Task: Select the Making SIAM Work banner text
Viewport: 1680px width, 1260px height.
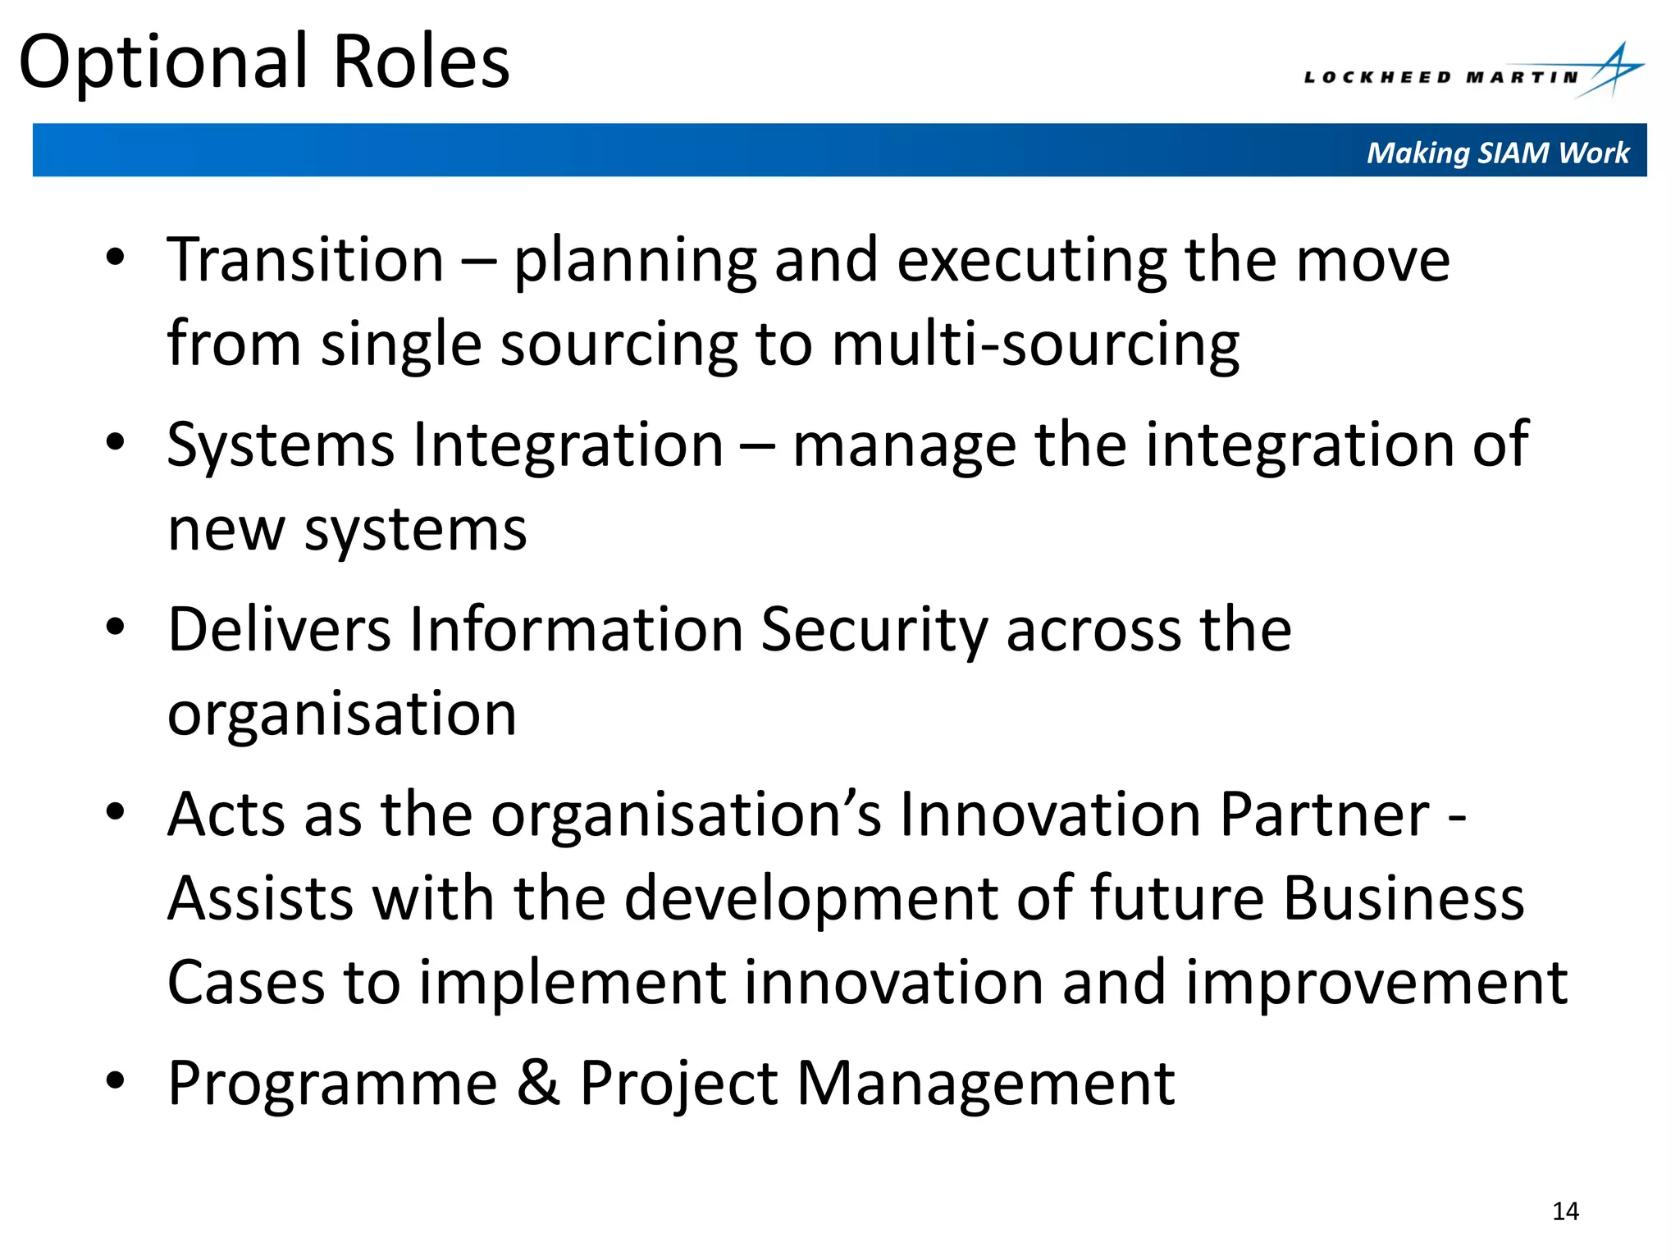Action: point(1498,153)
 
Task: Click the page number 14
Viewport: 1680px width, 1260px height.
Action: point(1565,1212)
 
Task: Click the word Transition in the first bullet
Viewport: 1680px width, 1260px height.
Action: point(305,260)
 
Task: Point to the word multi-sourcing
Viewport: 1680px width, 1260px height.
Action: point(1035,344)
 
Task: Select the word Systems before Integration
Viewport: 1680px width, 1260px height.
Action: point(281,445)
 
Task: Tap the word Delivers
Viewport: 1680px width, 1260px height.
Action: point(279,630)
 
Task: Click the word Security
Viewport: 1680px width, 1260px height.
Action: point(874,630)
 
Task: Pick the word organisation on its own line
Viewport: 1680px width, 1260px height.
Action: point(342,714)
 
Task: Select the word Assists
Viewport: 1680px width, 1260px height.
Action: point(260,899)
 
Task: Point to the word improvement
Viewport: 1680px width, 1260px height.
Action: point(1376,983)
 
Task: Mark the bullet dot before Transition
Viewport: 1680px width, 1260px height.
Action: point(115,257)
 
